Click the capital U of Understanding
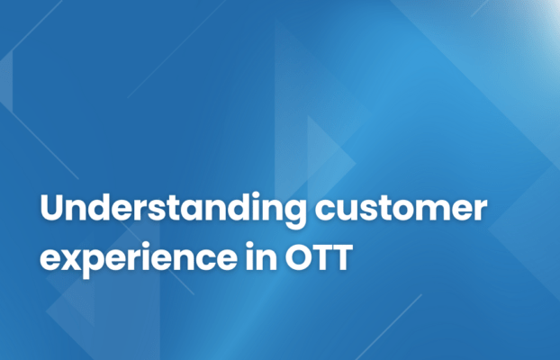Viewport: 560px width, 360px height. click(53, 209)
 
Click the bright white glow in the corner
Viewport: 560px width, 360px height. click(551, 7)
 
